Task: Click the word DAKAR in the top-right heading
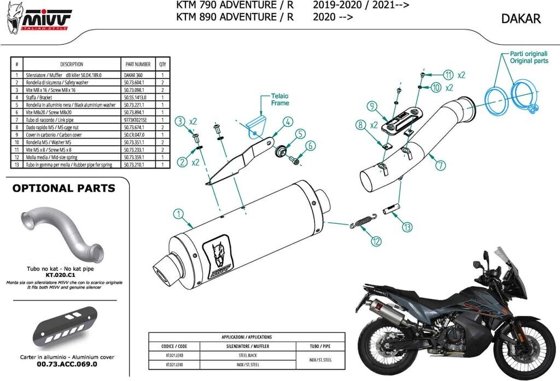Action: [521, 19]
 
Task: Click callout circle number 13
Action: [407, 226]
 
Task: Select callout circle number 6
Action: [310, 146]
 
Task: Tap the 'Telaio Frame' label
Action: [265, 99]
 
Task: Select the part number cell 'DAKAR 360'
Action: [133, 74]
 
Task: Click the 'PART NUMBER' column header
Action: [137, 64]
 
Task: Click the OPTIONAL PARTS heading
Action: [63, 188]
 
